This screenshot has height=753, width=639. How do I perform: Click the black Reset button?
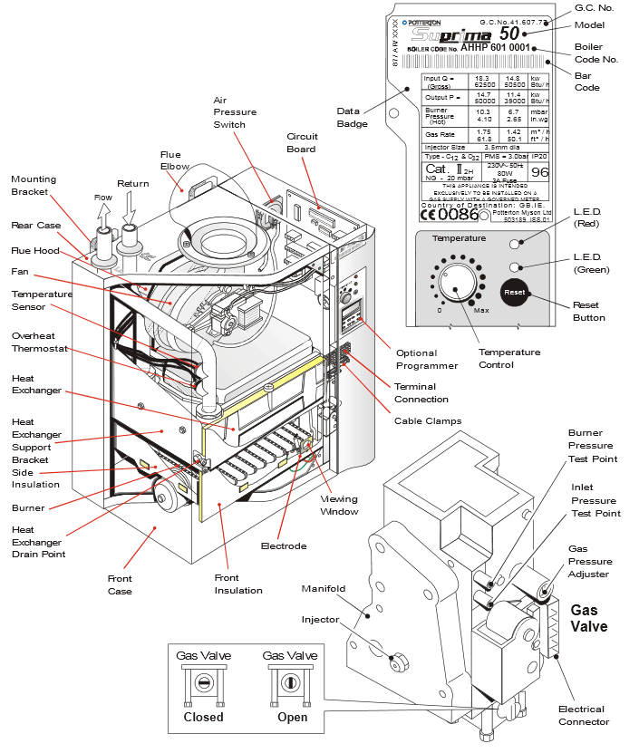[x=514, y=293]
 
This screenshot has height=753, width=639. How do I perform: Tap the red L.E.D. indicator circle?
[x=515, y=244]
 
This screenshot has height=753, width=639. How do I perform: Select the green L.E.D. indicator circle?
[x=515, y=266]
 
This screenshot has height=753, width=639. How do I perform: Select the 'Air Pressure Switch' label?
[x=235, y=112]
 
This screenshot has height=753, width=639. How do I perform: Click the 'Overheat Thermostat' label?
[x=34, y=343]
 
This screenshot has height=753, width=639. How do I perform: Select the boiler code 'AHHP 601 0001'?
[x=496, y=48]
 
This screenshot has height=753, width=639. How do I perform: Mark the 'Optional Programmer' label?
[x=428, y=359]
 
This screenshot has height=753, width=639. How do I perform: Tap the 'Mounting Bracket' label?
[x=34, y=186]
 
